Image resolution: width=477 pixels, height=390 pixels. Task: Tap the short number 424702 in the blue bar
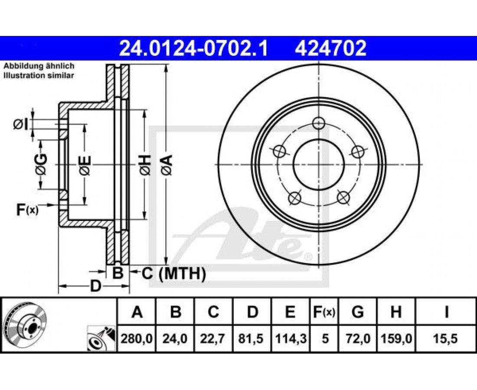(330, 49)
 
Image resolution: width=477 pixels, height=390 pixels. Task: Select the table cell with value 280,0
(137, 338)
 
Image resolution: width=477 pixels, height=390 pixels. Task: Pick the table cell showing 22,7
(213, 338)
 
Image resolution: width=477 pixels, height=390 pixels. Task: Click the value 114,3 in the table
(290, 338)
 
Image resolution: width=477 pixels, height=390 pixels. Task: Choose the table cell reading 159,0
(396, 338)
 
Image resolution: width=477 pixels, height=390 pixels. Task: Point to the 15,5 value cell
(446, 338)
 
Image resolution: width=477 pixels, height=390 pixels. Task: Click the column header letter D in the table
(252, 312)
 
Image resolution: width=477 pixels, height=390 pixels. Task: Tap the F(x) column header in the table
(324, 312)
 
